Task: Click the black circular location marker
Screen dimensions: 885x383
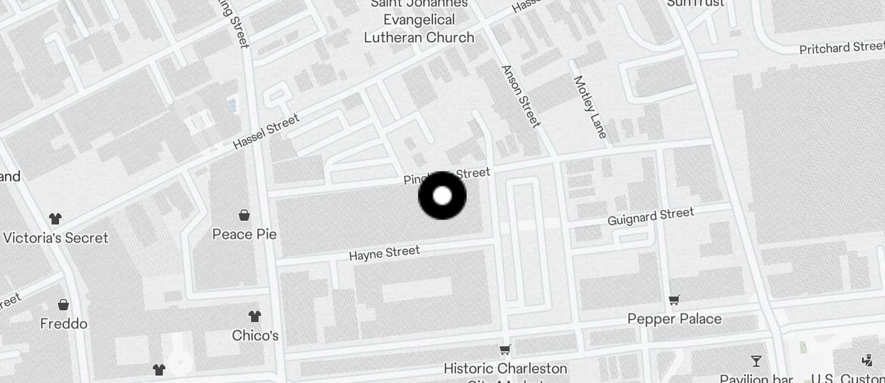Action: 442,196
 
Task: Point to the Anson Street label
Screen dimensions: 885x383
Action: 520,96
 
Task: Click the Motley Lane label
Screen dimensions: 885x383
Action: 590,107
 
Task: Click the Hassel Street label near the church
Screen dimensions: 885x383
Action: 266,131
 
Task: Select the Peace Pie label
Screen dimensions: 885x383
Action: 244,234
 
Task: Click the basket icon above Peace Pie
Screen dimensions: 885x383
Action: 244,215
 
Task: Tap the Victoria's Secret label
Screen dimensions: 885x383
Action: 55,238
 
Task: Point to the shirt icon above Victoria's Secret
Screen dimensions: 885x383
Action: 55,218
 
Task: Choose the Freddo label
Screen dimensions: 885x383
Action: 63,324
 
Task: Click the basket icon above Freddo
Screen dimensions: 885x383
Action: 63,305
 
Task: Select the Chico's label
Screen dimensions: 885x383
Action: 255,336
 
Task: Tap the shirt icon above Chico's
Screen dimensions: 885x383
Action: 255,316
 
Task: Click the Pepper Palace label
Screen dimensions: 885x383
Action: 674,319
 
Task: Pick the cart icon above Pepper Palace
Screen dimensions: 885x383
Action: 674,300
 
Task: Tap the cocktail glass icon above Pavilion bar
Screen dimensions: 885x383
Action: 756,361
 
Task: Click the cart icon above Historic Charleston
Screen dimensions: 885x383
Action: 505,349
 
